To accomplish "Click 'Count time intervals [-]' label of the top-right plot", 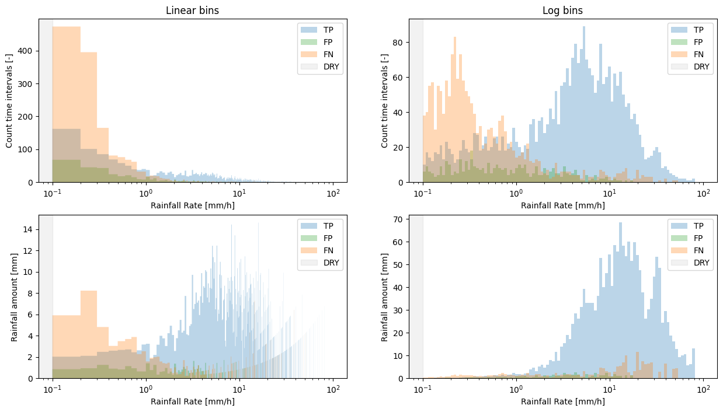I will click(385, 100).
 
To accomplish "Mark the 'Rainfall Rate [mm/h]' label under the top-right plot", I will click(562, 205).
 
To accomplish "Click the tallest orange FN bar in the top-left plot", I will click(66, 105).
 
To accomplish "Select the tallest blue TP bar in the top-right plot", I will click(583, 105).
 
